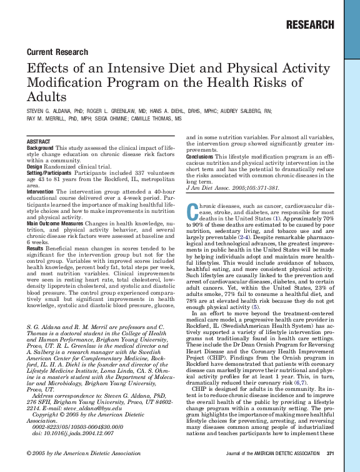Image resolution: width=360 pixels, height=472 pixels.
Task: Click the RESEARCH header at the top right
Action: pos(309,25)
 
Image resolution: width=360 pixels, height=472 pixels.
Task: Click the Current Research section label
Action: pos(57,52)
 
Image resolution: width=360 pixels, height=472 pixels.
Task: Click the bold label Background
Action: pos(40,149)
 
